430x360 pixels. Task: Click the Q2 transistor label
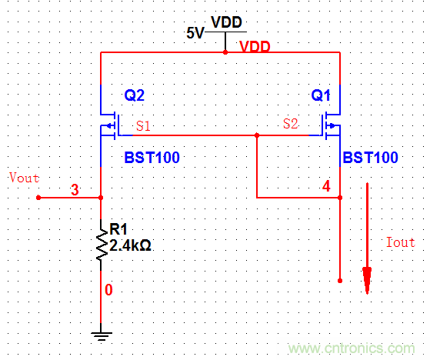[x=134, y=96]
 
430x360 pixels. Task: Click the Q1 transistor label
[x=321, y=96]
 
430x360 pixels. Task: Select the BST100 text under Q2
[x=152, y=158]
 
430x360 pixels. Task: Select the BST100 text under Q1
[x=370, y=158]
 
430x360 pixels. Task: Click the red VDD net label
[x=255, y=47]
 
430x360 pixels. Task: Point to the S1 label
[x=143, y=124]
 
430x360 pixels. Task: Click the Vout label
[x=23, y=178]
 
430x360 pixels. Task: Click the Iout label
[x=399, y=242]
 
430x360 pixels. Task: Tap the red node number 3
[x=75, y=189]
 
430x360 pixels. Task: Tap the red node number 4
[x=326, y=186]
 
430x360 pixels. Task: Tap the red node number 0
[x=108, y=290]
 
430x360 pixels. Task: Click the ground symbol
[x=101, y=335]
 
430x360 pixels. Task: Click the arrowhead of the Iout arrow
[x=367, y=280]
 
